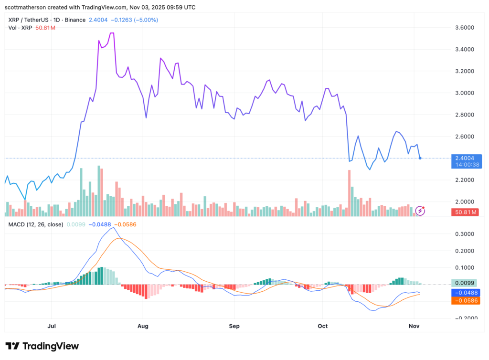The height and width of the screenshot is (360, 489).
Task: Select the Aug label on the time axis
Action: (142, 326)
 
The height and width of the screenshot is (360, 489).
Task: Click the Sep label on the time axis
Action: (234, 326)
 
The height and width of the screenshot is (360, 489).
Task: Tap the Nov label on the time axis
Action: (414, 326)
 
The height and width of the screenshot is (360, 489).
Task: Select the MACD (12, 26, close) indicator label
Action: (35, 224)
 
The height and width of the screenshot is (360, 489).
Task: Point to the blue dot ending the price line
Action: (420, 158)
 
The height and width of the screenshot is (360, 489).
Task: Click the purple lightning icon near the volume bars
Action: (420, 210)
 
